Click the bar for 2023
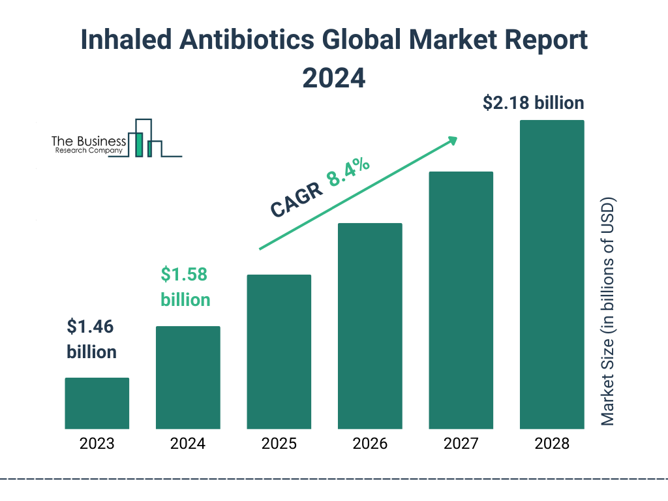[x=97, y=403]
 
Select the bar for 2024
[x=188, y=377]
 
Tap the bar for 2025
[x=279, y=352]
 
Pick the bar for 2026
[x=370, y=326]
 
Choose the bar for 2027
[x=461, y=300]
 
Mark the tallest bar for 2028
[x=551, y=274]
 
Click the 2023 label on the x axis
[x=97, y=444]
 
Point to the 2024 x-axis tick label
[x=188, y=444]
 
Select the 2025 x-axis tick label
[x=279, y=444]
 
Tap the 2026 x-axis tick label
[x=370, y=444]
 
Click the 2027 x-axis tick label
[x=461, y=444]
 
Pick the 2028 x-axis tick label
[x=551, y=444]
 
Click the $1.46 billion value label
[x=92, y=339]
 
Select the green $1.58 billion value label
[x=185, y=287]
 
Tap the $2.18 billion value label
[x=533, y=103]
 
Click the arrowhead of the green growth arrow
[x=452, y=140]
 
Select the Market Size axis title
[x=608, y=311]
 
